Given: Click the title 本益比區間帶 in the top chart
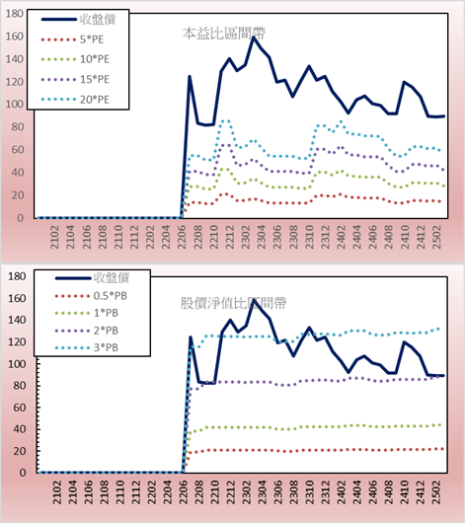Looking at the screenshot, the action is pyautogui.click(x=224, y=34).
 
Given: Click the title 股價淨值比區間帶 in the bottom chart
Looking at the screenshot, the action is pyautogui.click(x=233, y=303).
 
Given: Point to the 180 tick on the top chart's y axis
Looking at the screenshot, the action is pyautogui.click(x=15, y=14).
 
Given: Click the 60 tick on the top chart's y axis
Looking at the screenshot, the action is pyautogui.click(x=18, y=150).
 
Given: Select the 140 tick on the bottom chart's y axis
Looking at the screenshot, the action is pyautogui.click(x=17, y=320).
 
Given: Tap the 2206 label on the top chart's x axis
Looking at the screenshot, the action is pyautogui.click(x=183, y=237).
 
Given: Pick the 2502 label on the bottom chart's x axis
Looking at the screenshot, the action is pyautogui.click(x=436, y=492).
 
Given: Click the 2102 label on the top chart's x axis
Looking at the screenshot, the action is pyautogui.click(x=54, y=237).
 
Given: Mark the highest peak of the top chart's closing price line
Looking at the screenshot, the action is pyautogui.click(x=254, y=37).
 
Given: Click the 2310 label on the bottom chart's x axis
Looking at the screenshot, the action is pyautogui.click(x=309, y=492).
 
